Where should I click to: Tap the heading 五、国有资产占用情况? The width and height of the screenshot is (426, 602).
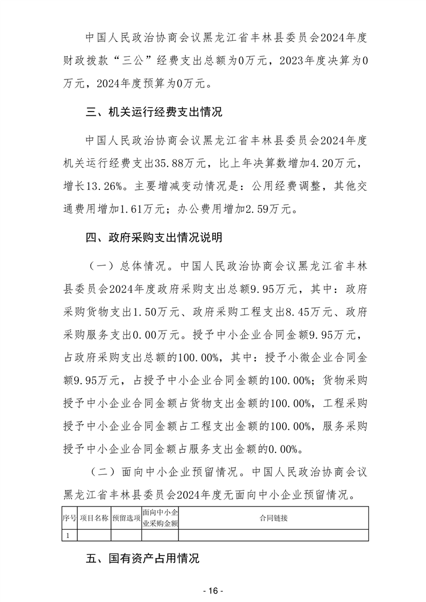pyautogui.click(x=142, y=559)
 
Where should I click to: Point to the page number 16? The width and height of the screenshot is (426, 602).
pyautogui.click(x=213, y=590)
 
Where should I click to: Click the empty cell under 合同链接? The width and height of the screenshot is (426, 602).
pyautogui.click(x=273, y=535)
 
